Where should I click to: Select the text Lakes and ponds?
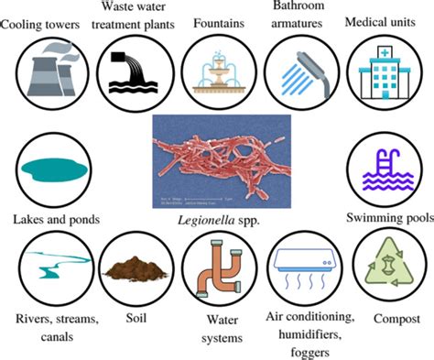pos(55,219)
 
